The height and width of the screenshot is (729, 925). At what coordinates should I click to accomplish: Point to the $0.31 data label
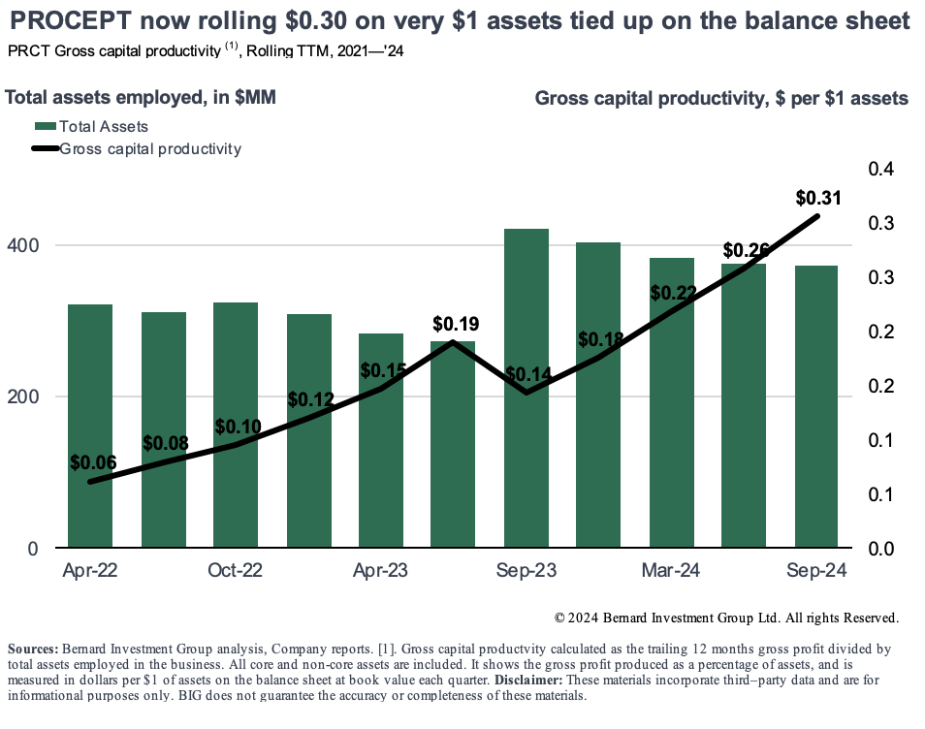tap(817, 198)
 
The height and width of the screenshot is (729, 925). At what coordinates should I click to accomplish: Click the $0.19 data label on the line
tap(456, 323)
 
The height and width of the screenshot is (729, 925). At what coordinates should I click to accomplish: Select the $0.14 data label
tap(526, 374)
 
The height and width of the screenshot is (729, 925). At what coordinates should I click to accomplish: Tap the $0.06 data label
tap(93, 463)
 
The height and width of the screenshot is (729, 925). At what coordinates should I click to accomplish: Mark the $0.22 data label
tap(673, 293)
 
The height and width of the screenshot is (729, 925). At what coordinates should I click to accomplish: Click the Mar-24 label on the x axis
tap(671, 571)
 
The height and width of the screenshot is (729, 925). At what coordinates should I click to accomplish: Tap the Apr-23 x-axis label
tap(380, 571)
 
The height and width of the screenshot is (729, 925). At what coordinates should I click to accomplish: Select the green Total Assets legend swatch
tap(45, 126)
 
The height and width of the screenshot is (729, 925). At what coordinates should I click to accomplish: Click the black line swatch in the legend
tap(45, 149)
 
